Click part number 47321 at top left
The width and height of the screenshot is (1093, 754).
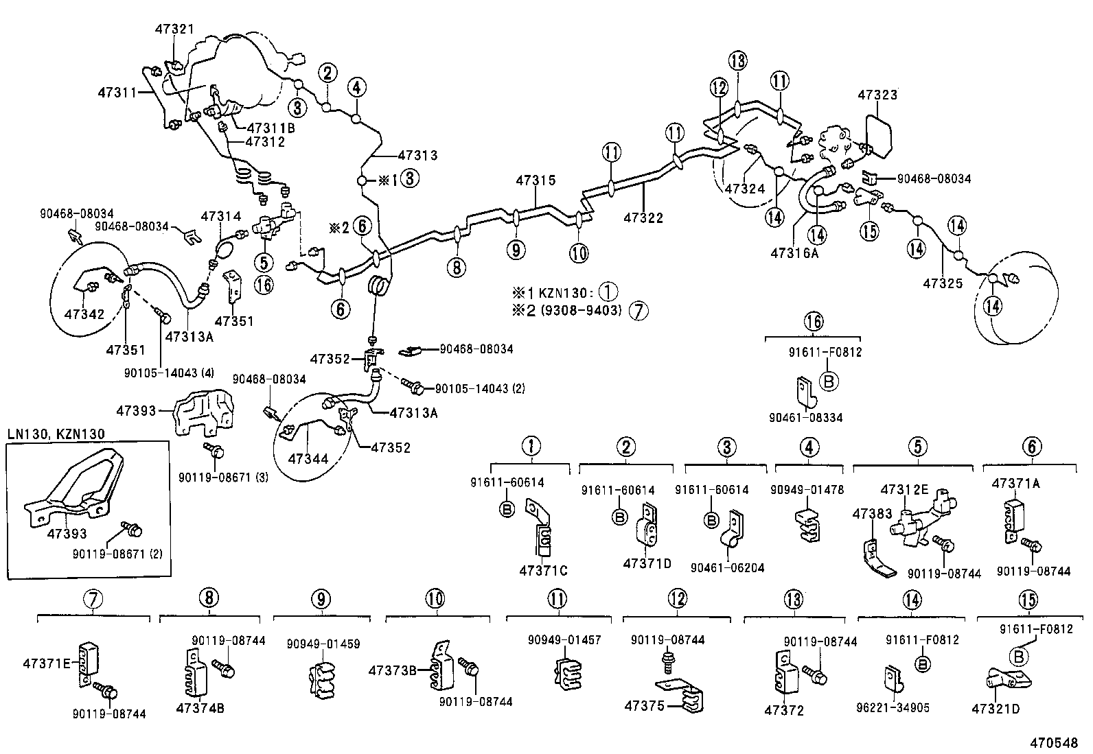tap(175, 30)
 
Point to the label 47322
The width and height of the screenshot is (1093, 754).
tap(643, 218)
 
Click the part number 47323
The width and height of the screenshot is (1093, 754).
tap(877, 95)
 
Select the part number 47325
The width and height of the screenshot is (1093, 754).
tap(942, 283)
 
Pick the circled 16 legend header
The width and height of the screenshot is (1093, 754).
tap(814, 321)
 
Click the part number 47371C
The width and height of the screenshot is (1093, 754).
tap(544, 571)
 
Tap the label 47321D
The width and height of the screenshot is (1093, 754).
tap(996, 708)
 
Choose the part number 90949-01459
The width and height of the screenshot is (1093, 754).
tap(323, 644)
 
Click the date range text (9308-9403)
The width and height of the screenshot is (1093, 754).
tap(581, 310)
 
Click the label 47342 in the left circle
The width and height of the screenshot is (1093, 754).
tap(84, 315)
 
